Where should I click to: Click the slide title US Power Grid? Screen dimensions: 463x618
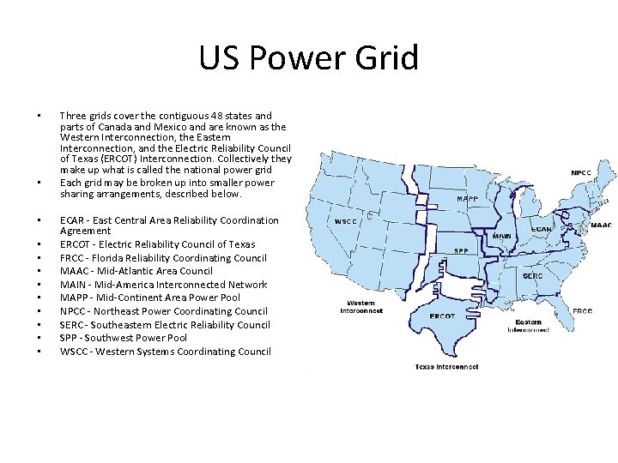[x=308, y=58]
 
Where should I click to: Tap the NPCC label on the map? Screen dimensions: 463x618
[x=581, y=172]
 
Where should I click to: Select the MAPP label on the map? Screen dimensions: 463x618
[x=468, y=199]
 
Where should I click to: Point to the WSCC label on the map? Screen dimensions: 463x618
[x=346, y=221]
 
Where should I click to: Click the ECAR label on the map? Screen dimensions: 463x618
[x=542, y=229]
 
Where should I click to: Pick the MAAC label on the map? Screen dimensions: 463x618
[x=601, y=225]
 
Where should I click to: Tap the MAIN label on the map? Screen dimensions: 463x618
[x=501, y=237]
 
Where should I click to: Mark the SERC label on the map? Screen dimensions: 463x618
[x=532, y=276]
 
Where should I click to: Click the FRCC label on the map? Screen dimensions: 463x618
[x=582, y=311]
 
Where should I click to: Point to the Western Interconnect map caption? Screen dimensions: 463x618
[x=360, y=307]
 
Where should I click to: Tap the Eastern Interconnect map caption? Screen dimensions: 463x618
[x=527, y=326]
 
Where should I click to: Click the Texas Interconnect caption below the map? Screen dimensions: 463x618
[x=446, y=366]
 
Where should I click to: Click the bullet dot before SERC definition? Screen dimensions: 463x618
[x=39, y=325]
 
